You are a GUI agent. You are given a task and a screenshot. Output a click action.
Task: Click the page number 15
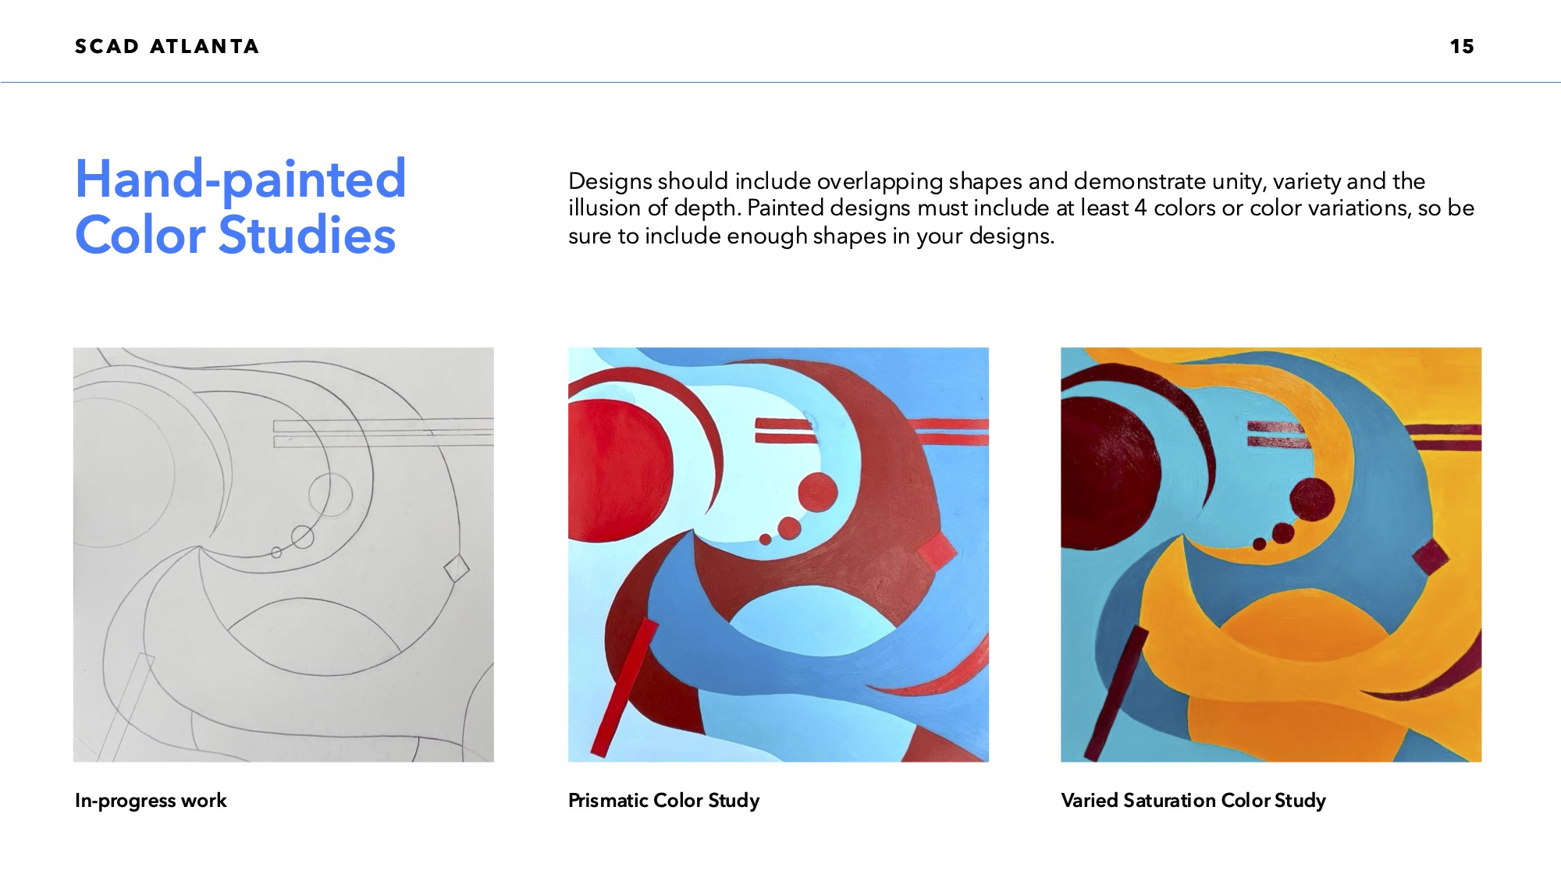point(1462,46)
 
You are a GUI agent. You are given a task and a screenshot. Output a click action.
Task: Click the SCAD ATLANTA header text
point(167,46)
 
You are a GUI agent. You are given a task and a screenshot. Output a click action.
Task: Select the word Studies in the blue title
point(307,235)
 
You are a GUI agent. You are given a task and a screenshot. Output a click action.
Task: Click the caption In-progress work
point(151,801)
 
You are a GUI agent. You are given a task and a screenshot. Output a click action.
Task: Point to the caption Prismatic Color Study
point(663,801)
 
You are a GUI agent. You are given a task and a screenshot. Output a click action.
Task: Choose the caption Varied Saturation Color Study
point(1193,801)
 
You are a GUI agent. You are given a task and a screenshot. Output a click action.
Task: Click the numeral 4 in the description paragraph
point(1140,208)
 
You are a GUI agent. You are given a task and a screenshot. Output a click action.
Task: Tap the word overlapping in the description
point(880,182)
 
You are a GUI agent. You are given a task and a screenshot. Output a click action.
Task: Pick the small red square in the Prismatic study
point(937,553)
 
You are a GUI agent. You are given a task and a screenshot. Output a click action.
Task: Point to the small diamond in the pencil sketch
point(457,568)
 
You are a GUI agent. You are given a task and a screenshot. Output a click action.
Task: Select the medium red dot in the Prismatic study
point(789,528)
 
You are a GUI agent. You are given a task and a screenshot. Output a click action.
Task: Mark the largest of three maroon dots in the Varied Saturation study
point(1312,499)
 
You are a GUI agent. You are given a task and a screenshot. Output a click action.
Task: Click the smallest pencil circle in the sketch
point(276,553)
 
